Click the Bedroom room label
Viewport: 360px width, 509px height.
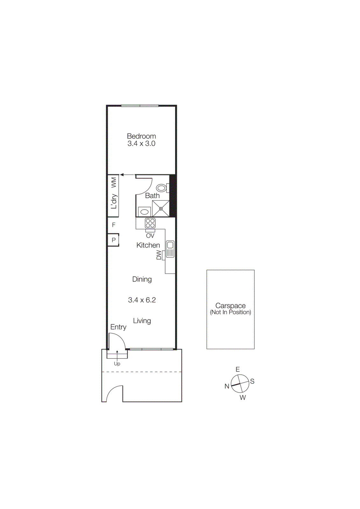point(141,136)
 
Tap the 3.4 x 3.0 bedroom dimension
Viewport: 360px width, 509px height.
point(141,143)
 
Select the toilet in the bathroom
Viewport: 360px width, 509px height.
point(162,188)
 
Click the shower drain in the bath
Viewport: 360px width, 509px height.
point(161,209)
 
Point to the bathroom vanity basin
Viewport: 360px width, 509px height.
point(145,212)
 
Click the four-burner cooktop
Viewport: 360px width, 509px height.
point(150,223)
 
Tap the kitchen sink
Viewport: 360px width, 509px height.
point(170,249)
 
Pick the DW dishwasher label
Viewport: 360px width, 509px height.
point(159,255)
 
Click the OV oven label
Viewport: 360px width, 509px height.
point(150,236)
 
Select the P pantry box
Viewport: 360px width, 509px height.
point(114,240)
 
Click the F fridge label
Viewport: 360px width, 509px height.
point(114,225)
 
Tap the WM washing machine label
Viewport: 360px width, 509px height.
point(114,182)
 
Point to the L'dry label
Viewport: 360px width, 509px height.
point(114,201)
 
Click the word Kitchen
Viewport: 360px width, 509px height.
point(148,245)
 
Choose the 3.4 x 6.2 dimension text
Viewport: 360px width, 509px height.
point(142,300)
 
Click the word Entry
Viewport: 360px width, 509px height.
point(118,327)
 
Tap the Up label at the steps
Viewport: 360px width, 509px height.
point(117,364)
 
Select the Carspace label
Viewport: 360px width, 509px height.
point(230,306)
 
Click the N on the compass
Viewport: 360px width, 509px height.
point(227,386)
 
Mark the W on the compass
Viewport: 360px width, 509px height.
point(243,397)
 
